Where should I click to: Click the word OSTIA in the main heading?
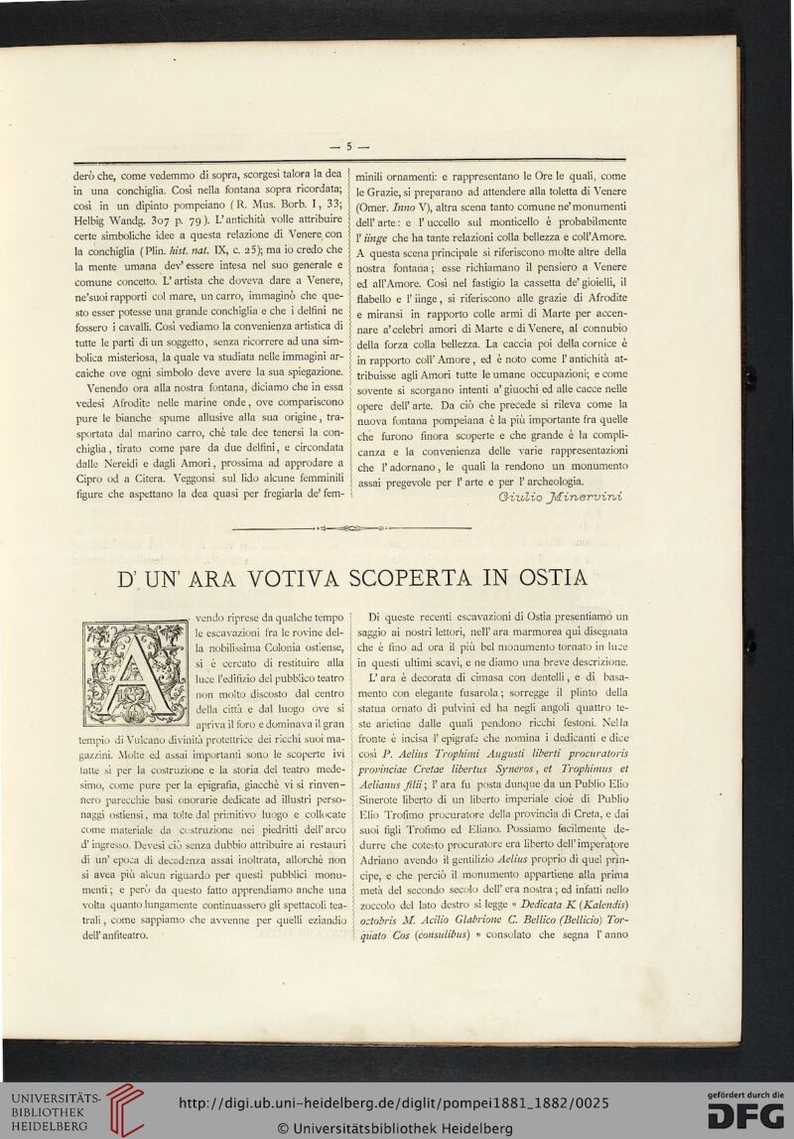pyautogui.click(x=546, y=576)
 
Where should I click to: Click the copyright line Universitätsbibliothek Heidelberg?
pyautogui.click(x=395, y=1128)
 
